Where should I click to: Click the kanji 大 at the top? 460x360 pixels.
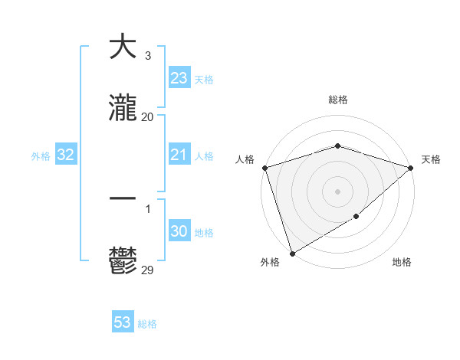(x=123, y=47)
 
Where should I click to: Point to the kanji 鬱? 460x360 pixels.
(x=123, y=261)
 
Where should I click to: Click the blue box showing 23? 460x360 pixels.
(x=179, y=78)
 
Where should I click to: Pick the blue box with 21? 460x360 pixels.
(x=179, y=155)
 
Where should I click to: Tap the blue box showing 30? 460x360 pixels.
(x=179, y=232)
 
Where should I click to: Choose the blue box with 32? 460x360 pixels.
(x=66, y=155)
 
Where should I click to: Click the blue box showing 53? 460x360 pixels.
(x=123, y=322)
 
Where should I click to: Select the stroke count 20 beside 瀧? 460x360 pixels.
(x=148, y=117)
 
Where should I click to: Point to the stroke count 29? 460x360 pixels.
(x=148, y=270)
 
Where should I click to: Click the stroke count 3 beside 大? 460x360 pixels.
(x=148, y=56)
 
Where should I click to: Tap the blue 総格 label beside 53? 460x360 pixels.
(x=147, y=324)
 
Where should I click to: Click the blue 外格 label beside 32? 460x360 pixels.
(x=41, y=156)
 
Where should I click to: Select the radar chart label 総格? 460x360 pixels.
(x=337, y=100)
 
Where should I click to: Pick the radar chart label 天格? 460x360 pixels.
(x=431, y=159)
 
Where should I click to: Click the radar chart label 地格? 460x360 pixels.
(x=402, y=263)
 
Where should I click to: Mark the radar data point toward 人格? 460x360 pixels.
(x=264, y=168)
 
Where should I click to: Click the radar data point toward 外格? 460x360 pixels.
(x=292, y=253)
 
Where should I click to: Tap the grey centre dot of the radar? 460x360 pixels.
(x=337, y=191)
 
